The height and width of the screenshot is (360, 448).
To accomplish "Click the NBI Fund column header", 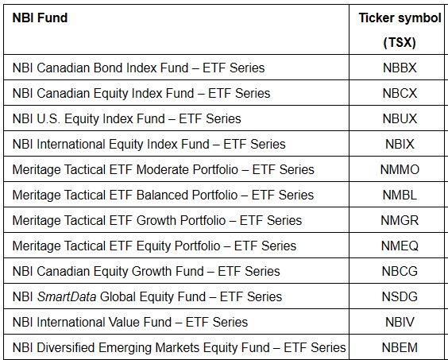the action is (x=40, y=18).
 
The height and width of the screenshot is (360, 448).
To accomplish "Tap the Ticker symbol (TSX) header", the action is (x=400, y=30).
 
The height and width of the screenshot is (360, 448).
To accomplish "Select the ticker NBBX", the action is (x=400, y=68).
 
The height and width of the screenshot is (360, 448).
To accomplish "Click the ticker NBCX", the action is (x=400, y=94).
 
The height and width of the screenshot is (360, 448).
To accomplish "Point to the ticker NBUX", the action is (x=400, y=119).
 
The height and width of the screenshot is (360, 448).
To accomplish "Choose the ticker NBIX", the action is (x=400, y=144).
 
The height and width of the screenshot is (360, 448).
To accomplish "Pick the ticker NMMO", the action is (x=400, y=169).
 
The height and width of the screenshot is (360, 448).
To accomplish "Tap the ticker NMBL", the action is (x=400, y=195).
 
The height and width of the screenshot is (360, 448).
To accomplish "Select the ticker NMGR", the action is (x=400, y=220).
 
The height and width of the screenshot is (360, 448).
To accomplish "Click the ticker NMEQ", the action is (x=400, y=246).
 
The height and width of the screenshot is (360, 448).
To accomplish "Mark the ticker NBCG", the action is (x=400, y=271).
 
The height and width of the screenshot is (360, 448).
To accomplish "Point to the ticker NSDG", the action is (x=400, y=296).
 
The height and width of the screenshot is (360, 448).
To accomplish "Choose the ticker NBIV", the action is (x=400, y=323).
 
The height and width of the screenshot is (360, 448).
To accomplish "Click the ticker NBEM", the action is (x=400, y=348).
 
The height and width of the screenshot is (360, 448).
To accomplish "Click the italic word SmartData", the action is (x=67, y=296).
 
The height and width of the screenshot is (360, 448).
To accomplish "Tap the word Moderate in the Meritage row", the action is (x=162, y=169).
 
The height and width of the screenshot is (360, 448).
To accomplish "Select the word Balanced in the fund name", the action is (x=162, y=195).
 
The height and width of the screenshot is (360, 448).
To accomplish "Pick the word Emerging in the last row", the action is (x=126, y=348).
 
